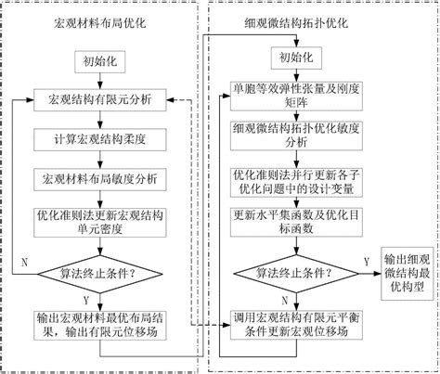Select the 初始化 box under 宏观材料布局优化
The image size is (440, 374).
click(100, 62)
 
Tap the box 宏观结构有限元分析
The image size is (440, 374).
click(100, 99)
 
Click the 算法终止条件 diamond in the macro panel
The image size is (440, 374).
click(100, 272)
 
